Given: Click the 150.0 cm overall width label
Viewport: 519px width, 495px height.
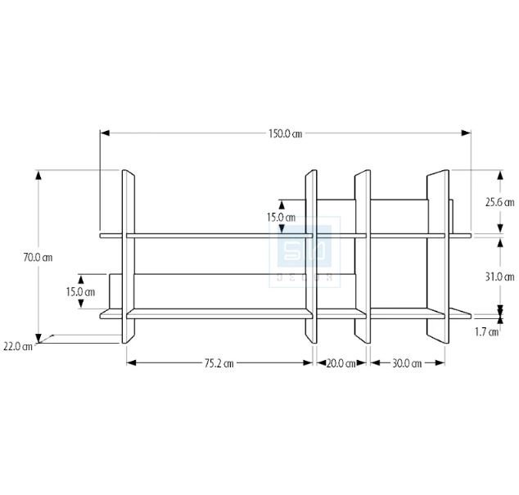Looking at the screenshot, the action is (x=285, y=133).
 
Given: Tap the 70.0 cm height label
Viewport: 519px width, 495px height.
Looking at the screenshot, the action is (x=38, y=258).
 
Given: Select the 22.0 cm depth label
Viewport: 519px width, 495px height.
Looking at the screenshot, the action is (x=18, y=347).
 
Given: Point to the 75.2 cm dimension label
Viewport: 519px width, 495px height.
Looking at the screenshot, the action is (x=219, y=363).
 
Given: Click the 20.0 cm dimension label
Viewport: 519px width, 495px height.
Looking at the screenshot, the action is (x=341, y=363).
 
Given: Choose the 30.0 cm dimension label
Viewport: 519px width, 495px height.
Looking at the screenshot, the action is (x=407, y=363).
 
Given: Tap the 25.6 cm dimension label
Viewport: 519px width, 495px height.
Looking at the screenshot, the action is (x=500, y=202).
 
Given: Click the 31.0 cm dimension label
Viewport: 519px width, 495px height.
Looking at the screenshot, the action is (x=500, y=277).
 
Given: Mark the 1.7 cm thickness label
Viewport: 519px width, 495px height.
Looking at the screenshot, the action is (x=486, y=332).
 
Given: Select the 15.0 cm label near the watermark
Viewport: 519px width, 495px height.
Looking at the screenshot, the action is (x=281, y=218).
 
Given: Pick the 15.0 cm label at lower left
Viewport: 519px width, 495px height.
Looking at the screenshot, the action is (x=80, y=292).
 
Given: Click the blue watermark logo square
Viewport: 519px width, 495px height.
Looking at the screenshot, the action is (x=305, y=245).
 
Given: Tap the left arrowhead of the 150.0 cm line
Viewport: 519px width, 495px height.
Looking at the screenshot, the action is (x=105, y=133).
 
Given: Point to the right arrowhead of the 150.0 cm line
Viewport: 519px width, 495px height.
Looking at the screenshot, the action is (x=467, y=133).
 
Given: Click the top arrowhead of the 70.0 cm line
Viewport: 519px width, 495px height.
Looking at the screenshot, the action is (x=38, y=175).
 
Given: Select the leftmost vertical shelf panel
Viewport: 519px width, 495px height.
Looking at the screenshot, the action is (x=129, y=256).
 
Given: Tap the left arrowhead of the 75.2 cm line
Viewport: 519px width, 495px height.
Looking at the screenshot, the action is (x=132, y=363).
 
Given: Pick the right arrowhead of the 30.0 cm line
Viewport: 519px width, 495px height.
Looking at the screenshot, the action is (x=440, y=363).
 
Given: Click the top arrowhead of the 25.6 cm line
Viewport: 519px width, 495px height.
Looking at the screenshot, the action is (x=500, y=175).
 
